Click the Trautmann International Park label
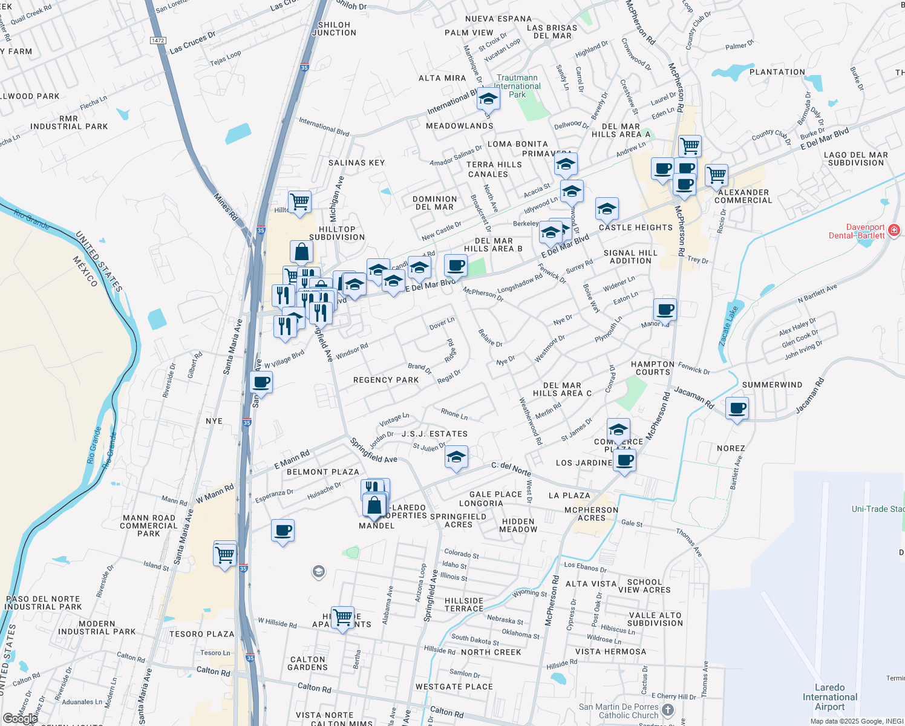(517, 86)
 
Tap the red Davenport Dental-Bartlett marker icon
(894, 231)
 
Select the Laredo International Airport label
(829, 697)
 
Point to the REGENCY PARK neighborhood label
(386, 380)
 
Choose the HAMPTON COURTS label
(653, 368)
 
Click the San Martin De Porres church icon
(668, 710)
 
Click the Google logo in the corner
(20, 718)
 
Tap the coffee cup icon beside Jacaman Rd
(737, 408)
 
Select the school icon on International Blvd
(488, 98)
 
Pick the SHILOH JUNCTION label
(334, 29)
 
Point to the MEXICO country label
(85, 272)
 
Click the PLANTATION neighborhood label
(777, 72)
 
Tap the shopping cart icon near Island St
(225, 553)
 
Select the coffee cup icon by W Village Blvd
(261, 382)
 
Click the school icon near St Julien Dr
(456, 457)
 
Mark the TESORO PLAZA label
(201, 634)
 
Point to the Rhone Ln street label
(454, 414)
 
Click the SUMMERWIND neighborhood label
(772, 385)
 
